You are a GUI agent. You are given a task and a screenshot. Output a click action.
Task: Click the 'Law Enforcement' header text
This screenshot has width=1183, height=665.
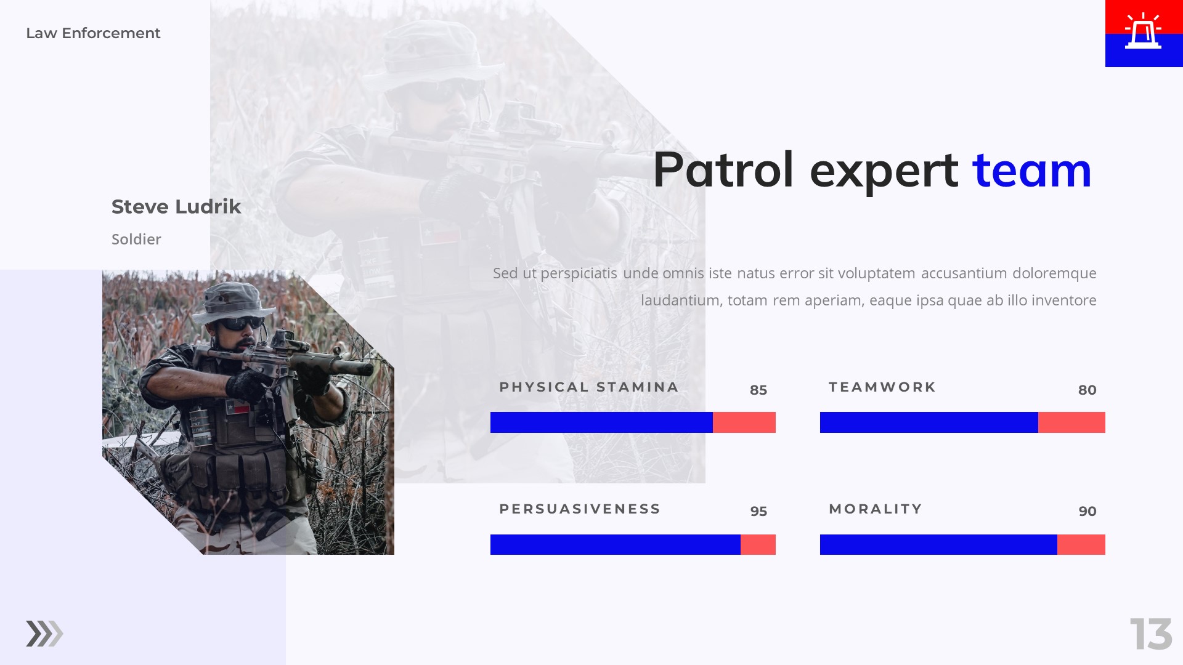click(93, 33)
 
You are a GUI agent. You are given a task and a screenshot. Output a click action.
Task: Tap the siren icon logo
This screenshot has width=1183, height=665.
click(1143, 32)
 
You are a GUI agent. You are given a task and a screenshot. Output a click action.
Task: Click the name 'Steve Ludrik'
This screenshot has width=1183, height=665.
click(176, 207)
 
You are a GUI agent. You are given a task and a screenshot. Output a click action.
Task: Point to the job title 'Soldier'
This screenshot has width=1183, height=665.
click(136, 240)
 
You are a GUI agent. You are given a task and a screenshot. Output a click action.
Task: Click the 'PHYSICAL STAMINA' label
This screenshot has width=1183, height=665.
click(588, 387)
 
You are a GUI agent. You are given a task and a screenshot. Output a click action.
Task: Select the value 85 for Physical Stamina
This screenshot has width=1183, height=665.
click(758, 390)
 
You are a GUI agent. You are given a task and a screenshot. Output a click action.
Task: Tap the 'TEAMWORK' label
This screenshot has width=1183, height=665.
click(882, 387)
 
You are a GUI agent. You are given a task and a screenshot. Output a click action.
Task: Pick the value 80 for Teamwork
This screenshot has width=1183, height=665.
click(1087, 390)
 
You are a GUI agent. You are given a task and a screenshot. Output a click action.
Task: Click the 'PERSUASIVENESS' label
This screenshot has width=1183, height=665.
click(580, 509)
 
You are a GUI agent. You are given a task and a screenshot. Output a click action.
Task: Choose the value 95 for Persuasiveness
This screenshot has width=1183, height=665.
click(758, 511)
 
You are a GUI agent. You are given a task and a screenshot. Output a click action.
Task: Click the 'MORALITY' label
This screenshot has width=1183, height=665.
click(876, 509)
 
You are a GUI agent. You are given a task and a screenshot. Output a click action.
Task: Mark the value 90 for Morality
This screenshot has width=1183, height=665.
click(1087, 511)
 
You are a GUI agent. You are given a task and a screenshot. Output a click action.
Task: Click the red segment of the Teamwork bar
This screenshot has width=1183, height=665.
click(1071, 422)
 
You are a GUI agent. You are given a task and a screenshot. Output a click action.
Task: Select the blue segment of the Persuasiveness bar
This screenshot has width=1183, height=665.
click(615, 544)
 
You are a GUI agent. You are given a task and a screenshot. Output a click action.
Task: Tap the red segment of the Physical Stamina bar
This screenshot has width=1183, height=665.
click(744, 422)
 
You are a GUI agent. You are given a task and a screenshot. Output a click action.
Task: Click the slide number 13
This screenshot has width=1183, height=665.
click(1150, 634)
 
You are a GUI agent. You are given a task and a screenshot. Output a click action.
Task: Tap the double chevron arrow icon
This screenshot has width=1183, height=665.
click(44, 634)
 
